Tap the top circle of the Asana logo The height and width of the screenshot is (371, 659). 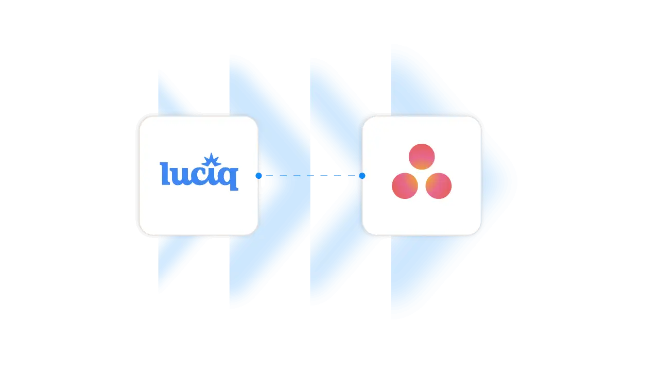click(422, 157)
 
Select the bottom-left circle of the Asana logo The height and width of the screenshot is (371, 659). click(405, 185)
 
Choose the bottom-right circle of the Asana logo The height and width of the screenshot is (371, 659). click(438, 185)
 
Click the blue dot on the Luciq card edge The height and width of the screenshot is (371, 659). click(258, 176)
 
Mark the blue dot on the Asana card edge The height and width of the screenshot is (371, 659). click(362, 176)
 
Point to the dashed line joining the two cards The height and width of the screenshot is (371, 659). click(309, 176)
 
